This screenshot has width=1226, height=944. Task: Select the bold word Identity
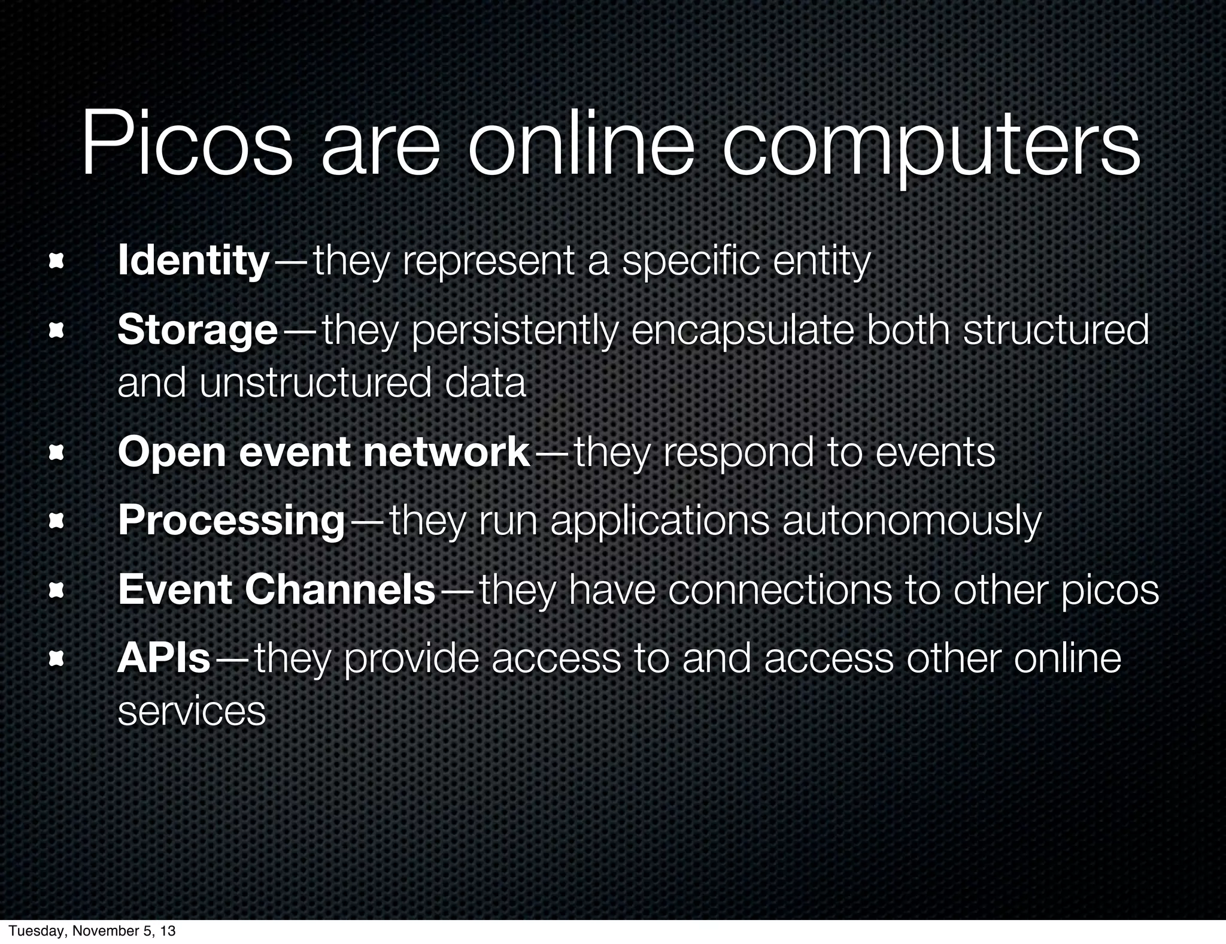[193, 261]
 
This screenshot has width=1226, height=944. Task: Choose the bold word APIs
[164, 658]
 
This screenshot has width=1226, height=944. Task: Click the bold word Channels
[339, 589]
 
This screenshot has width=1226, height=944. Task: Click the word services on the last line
[192, 711]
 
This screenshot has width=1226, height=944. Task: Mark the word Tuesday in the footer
[32, 931]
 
